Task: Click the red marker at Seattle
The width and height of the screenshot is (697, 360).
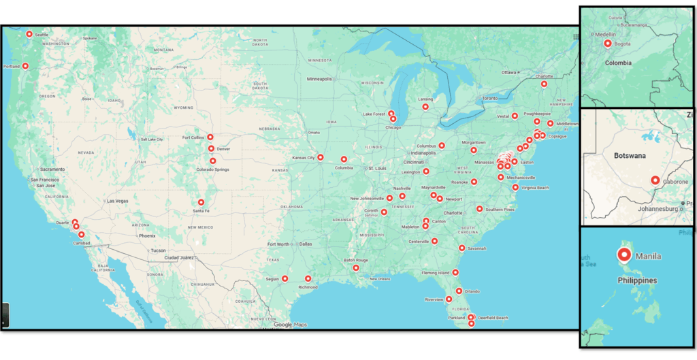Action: pyautogui.click(x=29, y=34)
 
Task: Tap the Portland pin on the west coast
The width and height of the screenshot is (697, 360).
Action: pyautogui.click(x=26, y=66)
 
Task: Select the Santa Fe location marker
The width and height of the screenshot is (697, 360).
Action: pyautogui.click(x=201, y=202)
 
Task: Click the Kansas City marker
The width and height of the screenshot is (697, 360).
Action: pyautogui.click(x=320, y=157)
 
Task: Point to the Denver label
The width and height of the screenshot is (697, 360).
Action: pyautogui.click(x=223, y=149)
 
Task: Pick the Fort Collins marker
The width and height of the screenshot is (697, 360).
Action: pyautogui.click(x=210, y=137)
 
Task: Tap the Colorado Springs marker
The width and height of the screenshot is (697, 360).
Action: pyautogui.click(x=213, y=161)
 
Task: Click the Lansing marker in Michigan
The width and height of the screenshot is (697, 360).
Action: pyautogui.click(x=425, y=106)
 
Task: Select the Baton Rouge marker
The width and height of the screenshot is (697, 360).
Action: pyautogui.click(x=356, y=267)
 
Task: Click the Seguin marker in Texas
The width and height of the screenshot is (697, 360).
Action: pyautogui.click(x=285, y=278)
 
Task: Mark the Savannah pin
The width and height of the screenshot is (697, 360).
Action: pyautogui.click(x=462, y=248)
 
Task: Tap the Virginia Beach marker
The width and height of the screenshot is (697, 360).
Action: pyautogui.click(x=515, y=187)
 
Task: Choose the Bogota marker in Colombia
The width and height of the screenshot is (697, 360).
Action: pyautogui.click(x=608, y=44)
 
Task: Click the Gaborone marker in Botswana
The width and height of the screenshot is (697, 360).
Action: pyautogui.click(x=655, y=180)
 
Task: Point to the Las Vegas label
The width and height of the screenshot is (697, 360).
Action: pyautogui.click(x=117, y=201)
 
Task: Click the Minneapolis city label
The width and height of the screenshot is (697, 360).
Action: pyautogui.click(x=319, y=79)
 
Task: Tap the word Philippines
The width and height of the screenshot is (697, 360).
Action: pyautogui.click(x=637, y=280)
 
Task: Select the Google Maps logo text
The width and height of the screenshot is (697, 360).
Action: pyautogui.click(x=291, y=325)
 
